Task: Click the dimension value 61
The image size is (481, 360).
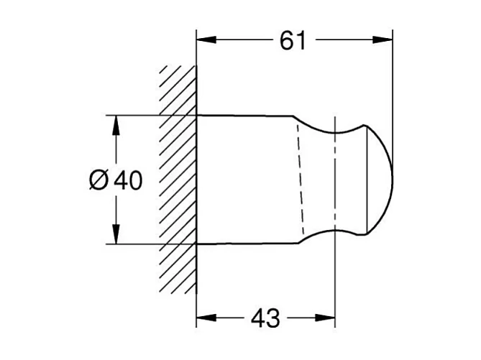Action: tap(293, 41)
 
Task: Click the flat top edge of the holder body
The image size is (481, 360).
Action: tap(244, 115)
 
